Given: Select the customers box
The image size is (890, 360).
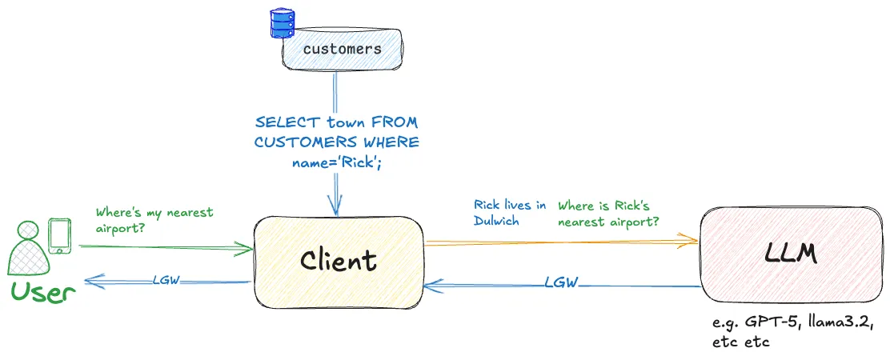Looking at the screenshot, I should tap(342, 49).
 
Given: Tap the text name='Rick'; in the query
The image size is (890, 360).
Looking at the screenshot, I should tap(338, 161).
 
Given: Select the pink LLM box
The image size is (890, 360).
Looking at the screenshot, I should tap(789, 255).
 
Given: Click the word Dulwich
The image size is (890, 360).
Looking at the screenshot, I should tap(496, 221).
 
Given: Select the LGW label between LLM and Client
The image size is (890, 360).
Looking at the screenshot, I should tap(562, 282).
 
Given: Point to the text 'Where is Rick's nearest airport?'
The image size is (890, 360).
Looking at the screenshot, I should tap(608, 213).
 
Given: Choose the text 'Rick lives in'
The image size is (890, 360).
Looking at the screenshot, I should tap(510, 206).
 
